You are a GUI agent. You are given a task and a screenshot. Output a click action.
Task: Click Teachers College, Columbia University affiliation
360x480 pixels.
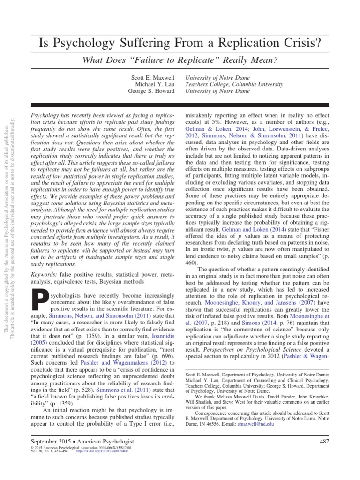pos(234,84)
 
